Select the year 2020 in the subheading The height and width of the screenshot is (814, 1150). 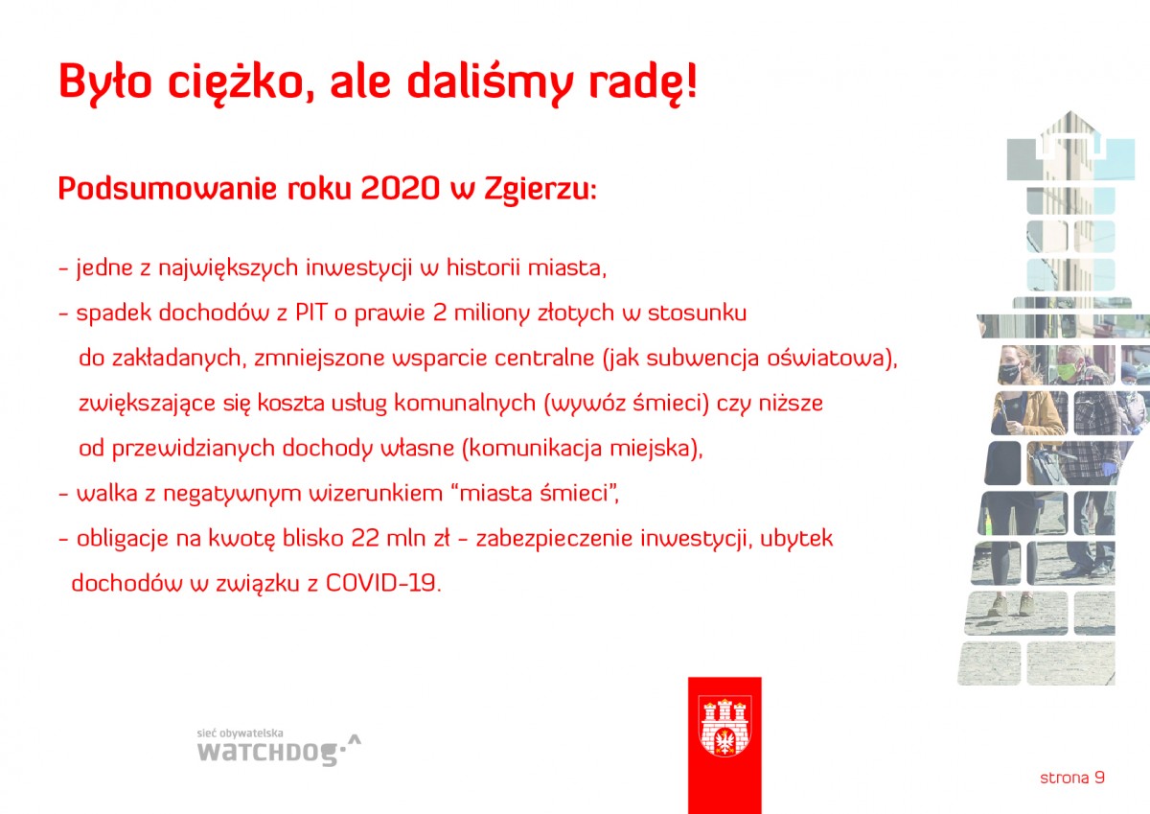coord(401,189)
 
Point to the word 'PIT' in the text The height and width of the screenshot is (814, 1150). coord(310,313)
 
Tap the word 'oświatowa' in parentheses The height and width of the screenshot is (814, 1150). coord(826,358)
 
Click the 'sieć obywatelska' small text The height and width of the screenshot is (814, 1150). coord(240,733)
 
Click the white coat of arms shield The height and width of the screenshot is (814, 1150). coord(724,727)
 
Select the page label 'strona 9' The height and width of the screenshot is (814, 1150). coord(1072,779)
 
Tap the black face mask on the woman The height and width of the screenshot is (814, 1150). coord(1008,372)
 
